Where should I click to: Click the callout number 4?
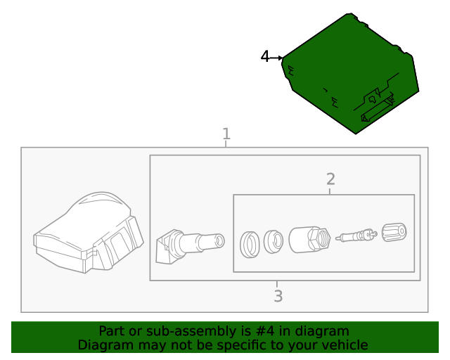(265, 57)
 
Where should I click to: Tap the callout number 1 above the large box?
(226, 134)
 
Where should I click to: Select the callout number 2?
(330, 179)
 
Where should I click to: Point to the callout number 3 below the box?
(278, 296)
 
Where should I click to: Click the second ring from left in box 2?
(273, 241)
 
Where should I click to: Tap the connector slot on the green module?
(378, 110)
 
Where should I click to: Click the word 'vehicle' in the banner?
(344, 345)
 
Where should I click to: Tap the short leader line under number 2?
(330, 191)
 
